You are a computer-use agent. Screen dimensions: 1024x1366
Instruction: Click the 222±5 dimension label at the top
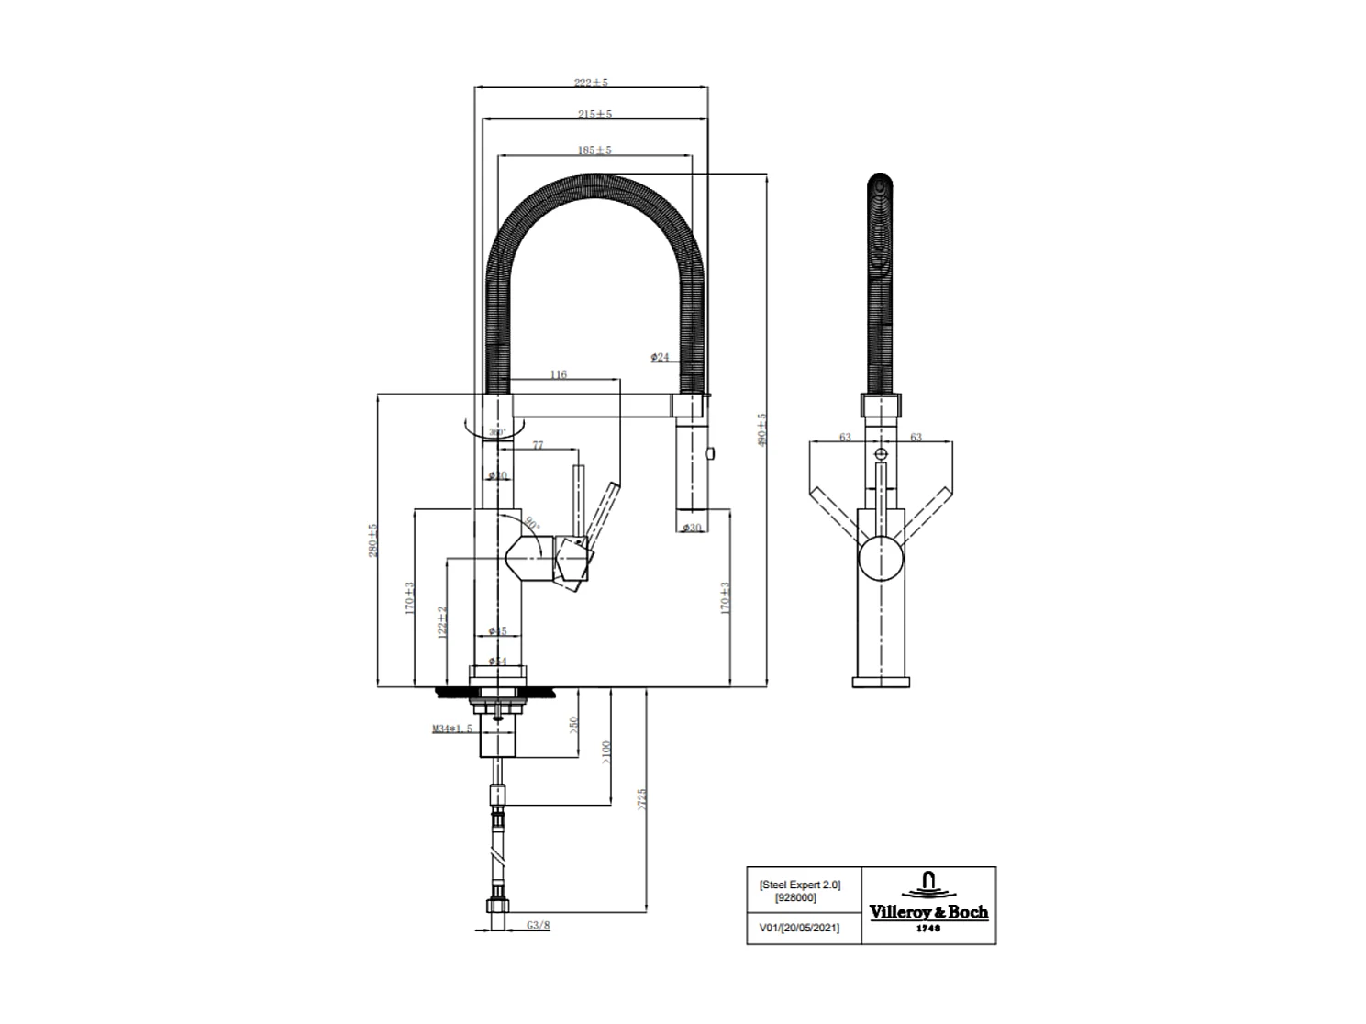[591, 83]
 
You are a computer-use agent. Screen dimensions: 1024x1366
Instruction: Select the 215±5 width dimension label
[594, 115]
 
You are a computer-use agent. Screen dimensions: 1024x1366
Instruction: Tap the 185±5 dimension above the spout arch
[594, 150]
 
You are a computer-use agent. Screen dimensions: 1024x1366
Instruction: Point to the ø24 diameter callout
[660, 357]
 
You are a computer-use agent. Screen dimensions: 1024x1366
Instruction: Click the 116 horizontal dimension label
[558, 374]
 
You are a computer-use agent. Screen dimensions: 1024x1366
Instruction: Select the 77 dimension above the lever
[538, 445]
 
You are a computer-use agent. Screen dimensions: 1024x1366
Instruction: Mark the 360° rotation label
[496, 432]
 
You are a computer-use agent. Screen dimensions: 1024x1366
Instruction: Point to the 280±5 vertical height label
[372, 540]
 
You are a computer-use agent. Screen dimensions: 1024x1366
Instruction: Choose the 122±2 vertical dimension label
[442, 621]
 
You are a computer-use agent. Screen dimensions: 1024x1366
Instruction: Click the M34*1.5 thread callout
[452, 729]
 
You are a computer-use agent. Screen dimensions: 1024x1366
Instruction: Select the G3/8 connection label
[539, 926]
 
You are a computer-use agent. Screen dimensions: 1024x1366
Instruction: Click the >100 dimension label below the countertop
[605, 751]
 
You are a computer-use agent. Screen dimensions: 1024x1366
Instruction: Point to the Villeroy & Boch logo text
[928, 912]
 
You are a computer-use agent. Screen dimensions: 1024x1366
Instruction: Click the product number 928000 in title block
[795, 897]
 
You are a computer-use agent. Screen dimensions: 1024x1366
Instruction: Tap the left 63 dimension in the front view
[845, 438]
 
